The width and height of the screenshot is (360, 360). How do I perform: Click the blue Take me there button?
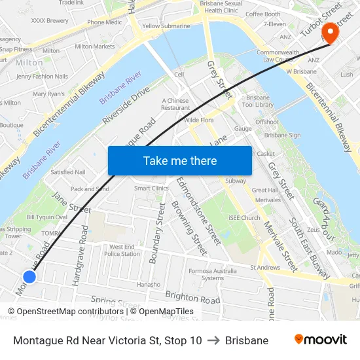pos(179,160)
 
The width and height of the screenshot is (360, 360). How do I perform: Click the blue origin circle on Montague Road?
pos(29,277)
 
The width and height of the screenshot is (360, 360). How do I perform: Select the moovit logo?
pos(320,340)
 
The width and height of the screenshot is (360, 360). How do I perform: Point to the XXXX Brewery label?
pos(50,20)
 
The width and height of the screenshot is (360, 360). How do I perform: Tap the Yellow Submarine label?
pos(166,26)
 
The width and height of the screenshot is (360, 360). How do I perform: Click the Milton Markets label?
pos(94,46)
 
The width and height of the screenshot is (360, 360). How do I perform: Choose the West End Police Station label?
pos(122,250)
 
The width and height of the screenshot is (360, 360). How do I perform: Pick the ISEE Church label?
pos(245,218)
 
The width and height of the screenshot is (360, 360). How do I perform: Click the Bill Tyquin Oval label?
pos(46,217)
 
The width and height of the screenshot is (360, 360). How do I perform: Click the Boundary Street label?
pos(157,233)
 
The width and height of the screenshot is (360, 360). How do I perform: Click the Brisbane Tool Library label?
pos(257,100)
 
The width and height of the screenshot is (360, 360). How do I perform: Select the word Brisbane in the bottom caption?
pos(246,340)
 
